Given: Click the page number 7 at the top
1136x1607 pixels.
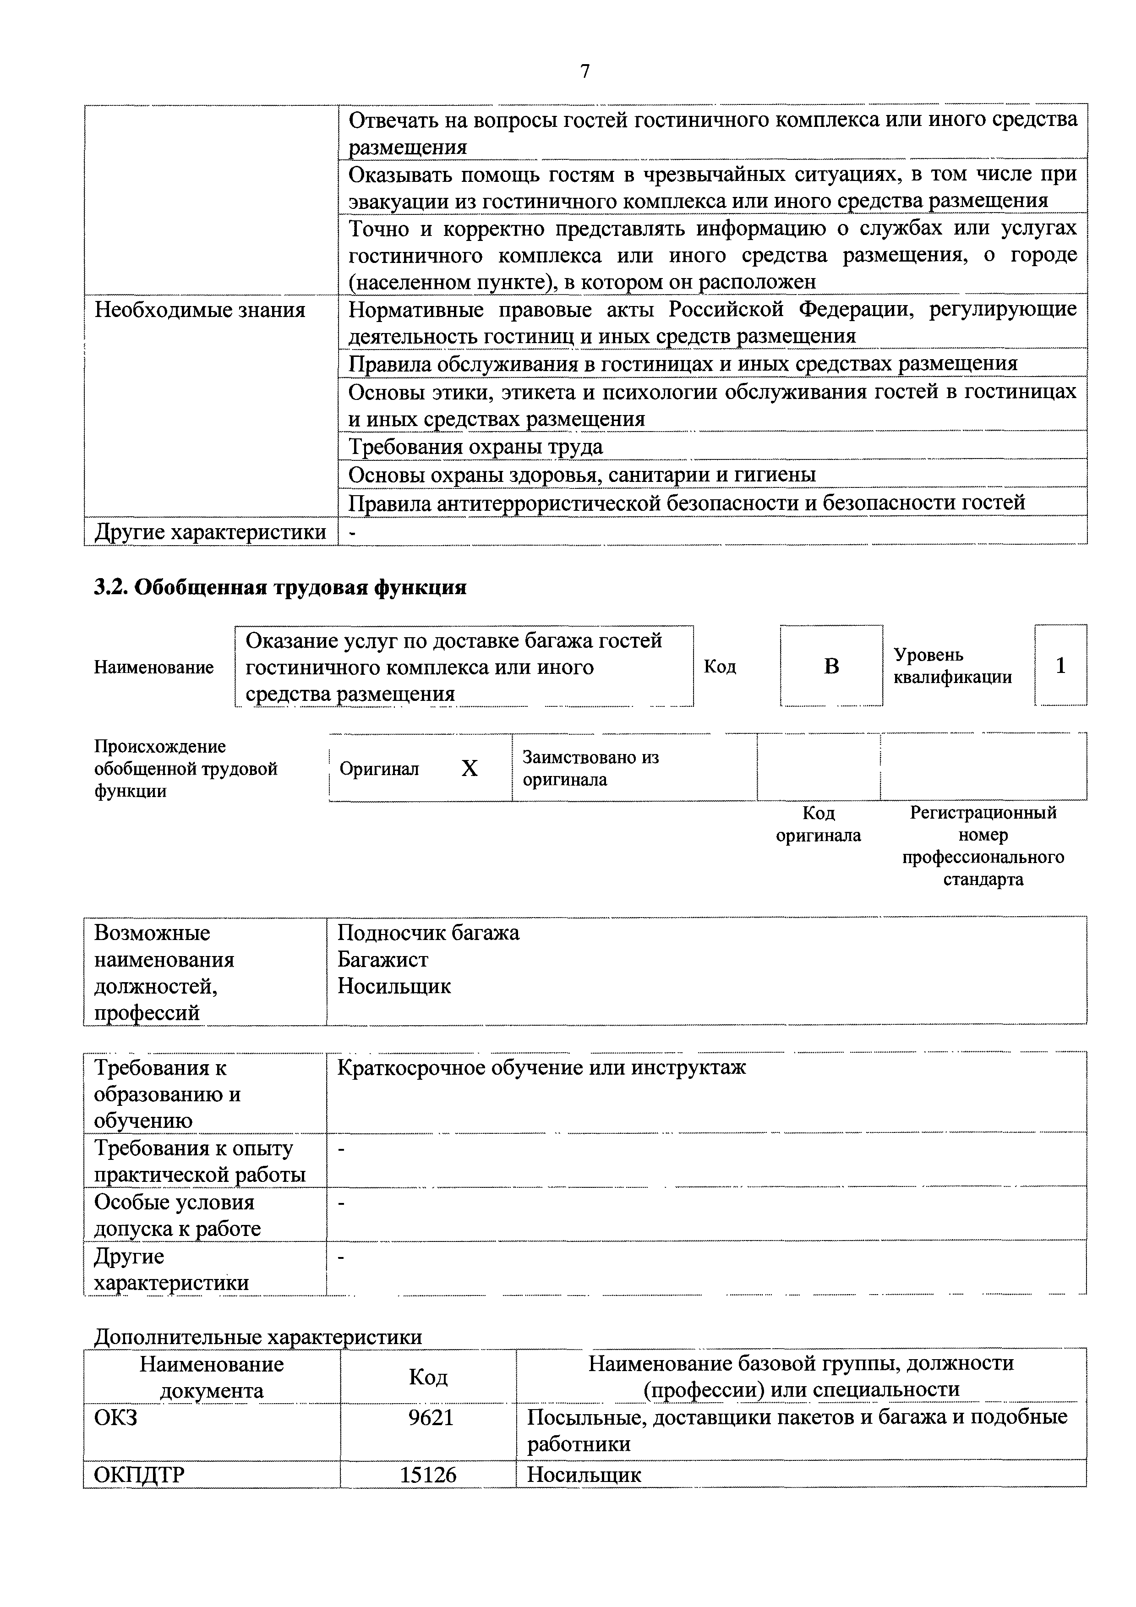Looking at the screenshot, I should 585,71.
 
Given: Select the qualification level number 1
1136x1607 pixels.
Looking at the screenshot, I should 1060,665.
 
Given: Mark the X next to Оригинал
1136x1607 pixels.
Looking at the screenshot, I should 470,769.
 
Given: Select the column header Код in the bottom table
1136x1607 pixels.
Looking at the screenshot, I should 428,1377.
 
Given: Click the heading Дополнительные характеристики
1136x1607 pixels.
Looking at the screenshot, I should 257,1336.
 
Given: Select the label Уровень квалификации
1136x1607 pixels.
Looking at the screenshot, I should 953,666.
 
